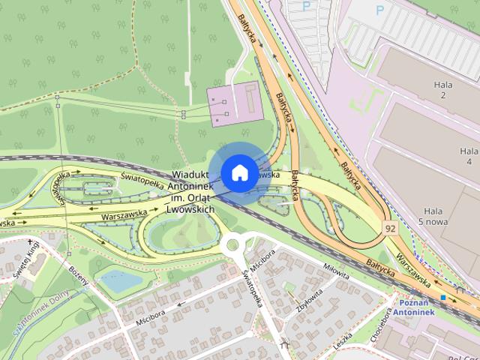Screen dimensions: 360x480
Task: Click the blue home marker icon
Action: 238,172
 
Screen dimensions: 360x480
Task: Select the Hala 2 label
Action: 444,90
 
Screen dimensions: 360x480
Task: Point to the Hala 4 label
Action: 468,156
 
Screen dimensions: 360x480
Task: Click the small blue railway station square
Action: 444,298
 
